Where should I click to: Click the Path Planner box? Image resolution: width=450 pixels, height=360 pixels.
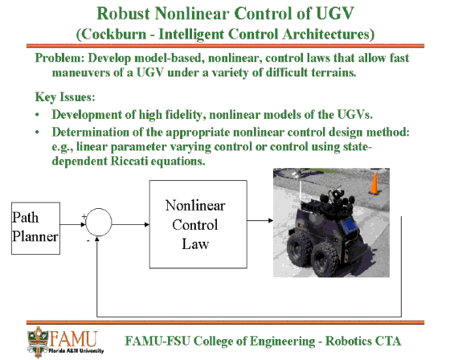(35, 228)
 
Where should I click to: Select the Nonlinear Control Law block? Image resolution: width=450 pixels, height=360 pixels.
(198, 224)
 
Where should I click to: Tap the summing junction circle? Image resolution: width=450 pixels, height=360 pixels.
(99, 223)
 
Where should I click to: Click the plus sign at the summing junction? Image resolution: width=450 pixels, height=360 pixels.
(84, 217)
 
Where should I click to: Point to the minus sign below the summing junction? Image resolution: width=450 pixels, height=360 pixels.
(88, 240)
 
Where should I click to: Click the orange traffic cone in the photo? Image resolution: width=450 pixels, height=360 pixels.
(374, 184)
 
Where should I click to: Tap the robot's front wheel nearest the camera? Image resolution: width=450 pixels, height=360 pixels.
(325, 260)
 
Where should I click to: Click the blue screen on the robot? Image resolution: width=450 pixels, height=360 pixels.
(348, 224)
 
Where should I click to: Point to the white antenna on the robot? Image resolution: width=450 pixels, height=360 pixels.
(301, 192)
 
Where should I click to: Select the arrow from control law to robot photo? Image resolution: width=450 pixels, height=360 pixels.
(260, 220)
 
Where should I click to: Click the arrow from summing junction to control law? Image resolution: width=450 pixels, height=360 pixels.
(130, 224)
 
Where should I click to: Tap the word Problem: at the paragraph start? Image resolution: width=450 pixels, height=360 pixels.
(59, 59)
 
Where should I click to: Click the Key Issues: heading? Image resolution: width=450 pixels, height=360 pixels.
(65, 97)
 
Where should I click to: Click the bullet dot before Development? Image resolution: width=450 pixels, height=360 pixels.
(37, 115)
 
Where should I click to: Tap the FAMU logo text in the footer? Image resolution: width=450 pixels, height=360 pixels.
(73, 339)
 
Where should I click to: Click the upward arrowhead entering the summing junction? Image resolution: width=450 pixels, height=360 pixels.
(97, 239)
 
